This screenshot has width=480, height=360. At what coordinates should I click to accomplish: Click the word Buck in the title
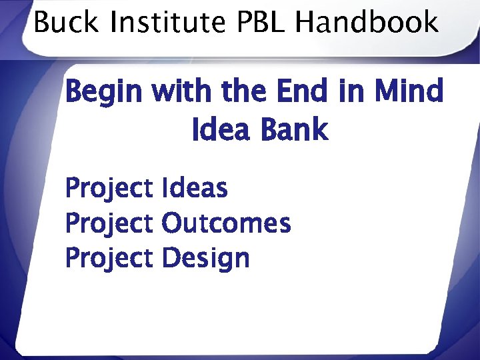pos(64,23)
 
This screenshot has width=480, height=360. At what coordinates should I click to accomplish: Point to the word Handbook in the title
pos(367,23)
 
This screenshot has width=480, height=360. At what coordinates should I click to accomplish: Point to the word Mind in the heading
pos(408,91)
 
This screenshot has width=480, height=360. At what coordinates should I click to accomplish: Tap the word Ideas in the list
pos(194,189)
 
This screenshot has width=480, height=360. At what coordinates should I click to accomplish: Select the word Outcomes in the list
pos(226,223)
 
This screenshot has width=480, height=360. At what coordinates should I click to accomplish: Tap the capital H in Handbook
pos(305,23)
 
